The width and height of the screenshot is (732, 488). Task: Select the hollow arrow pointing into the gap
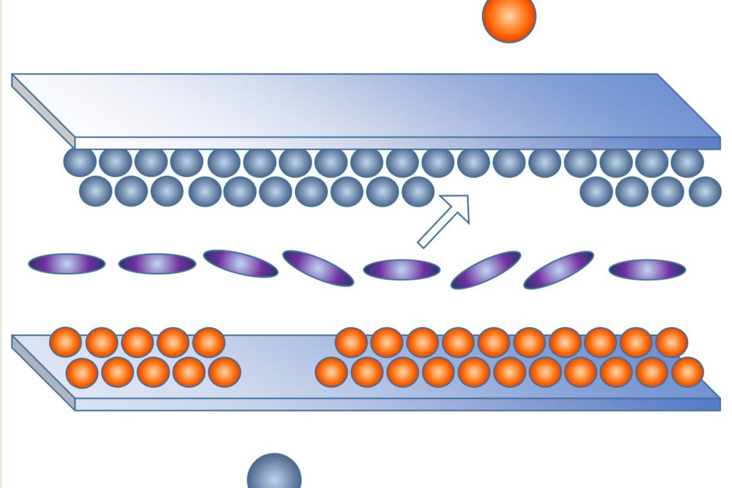(x=446, y=220)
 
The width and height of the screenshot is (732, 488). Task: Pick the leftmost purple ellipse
(x=67, y=263)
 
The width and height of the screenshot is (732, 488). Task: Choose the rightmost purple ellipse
(x=647, y=269)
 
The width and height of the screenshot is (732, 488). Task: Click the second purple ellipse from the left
(x=157, y=263)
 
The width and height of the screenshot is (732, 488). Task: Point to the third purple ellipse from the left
(x=240, y=263)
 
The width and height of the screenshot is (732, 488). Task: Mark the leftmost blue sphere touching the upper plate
(x=80, y=162)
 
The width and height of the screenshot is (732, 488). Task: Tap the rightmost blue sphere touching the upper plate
(x=687, y=162)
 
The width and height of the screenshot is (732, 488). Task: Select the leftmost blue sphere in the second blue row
(x=96, y=191)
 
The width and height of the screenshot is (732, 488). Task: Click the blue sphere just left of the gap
(x=418, y=191)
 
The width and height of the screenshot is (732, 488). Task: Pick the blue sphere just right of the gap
(x=596, y=191)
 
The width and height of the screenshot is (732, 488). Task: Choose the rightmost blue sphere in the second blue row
(x=705, y=191)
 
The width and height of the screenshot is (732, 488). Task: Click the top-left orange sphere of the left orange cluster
(x=66, y=342)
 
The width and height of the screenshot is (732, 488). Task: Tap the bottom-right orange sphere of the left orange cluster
(x=225, y=372)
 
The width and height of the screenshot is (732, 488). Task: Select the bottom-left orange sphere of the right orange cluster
(x=331, y=372)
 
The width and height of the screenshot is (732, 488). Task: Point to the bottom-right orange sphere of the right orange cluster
(x=687, y=372)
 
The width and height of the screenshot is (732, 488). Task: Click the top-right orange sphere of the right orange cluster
(x=671, y=342)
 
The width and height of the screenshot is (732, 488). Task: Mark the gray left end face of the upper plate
(x=42, y=112)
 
